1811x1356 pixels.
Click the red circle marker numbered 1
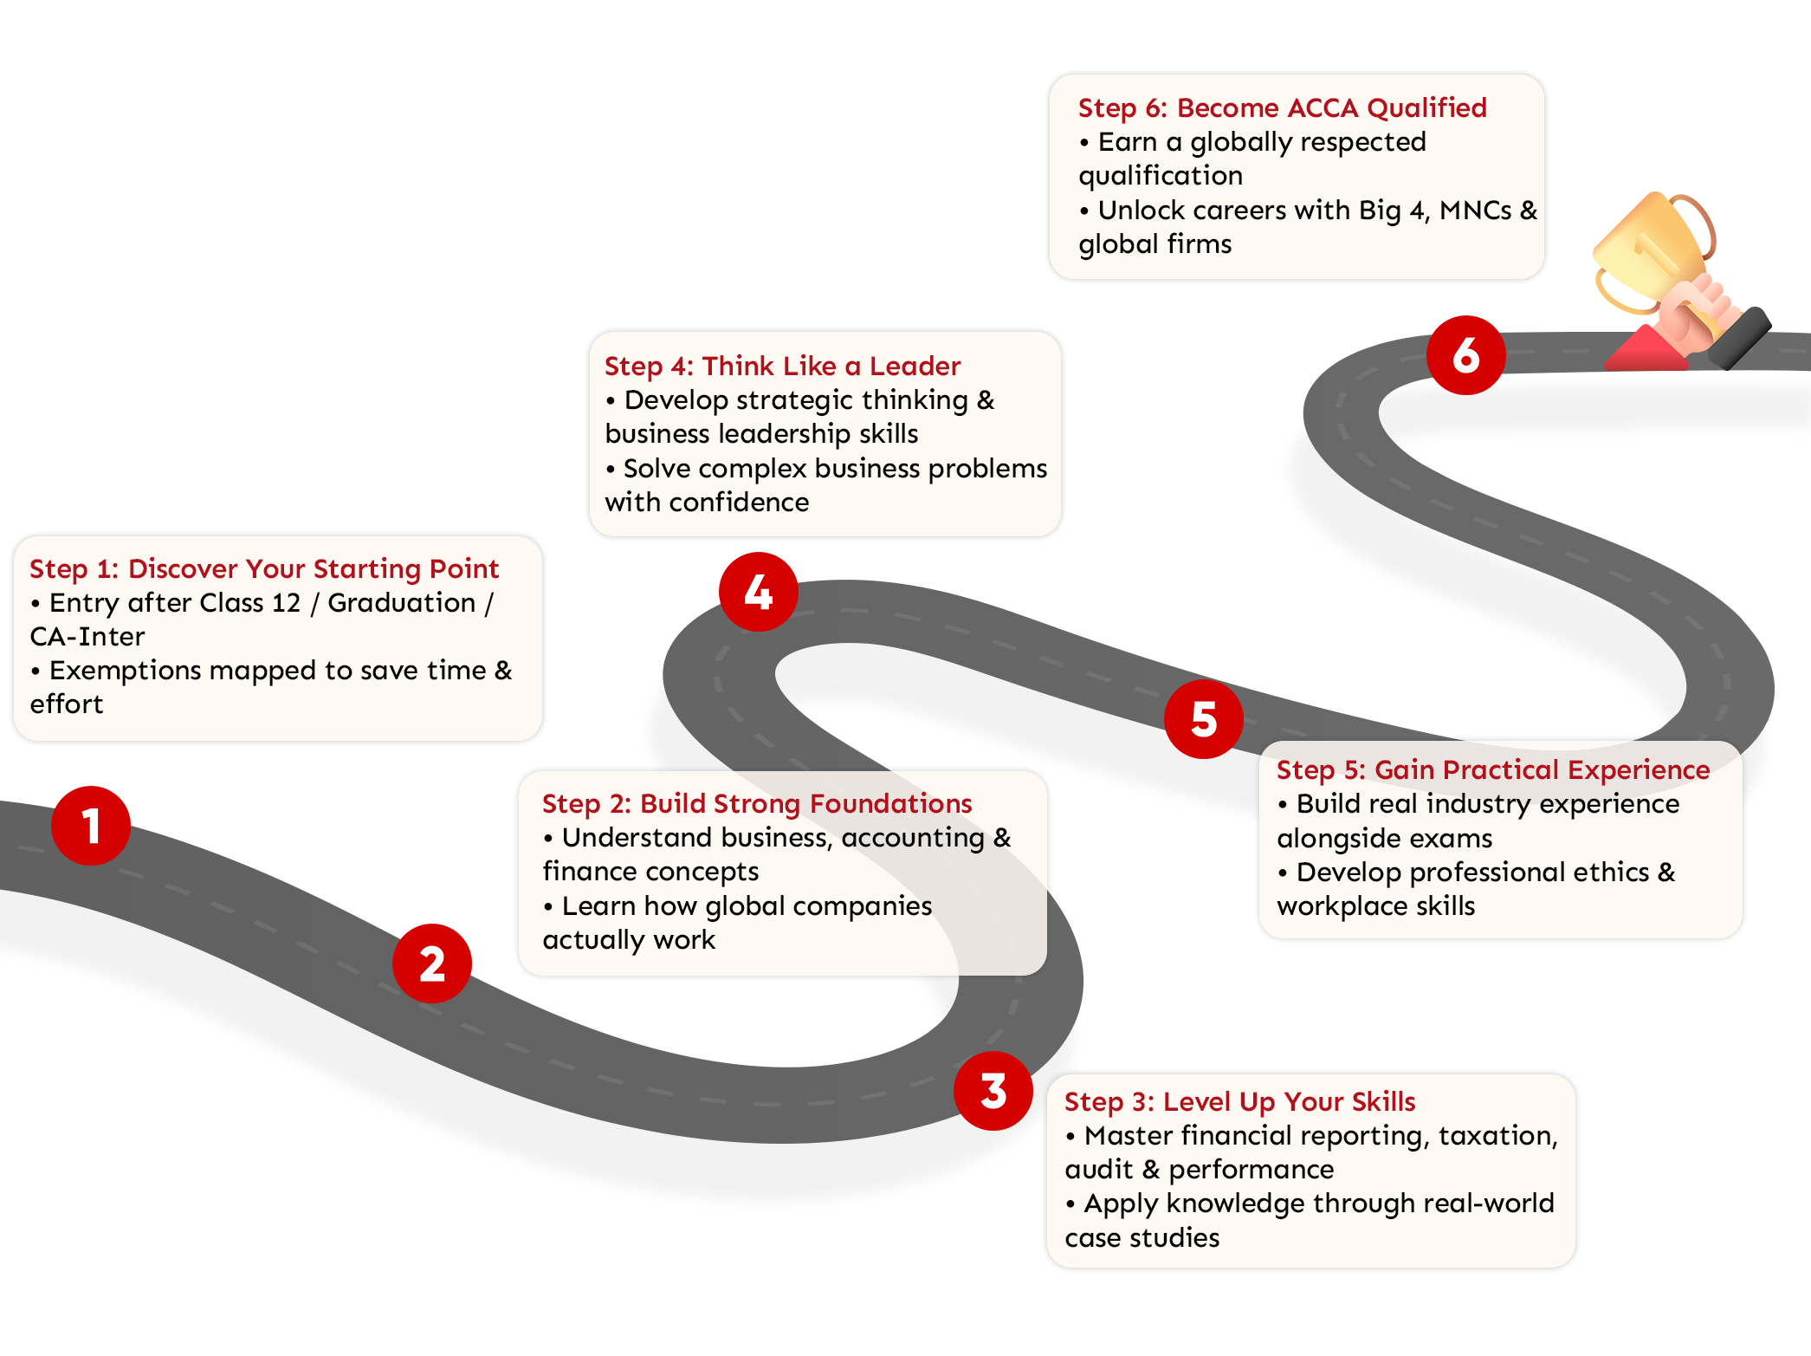(91, 826)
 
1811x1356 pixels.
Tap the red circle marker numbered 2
(432, 963)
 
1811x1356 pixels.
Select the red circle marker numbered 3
(993, 1091)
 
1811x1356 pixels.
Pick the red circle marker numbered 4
(758, 592)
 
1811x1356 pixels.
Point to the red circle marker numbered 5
(1204, 719)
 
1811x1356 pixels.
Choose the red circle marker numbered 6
(1466, 355)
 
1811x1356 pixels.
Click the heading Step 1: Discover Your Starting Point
(264, 568)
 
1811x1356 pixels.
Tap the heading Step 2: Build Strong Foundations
(757, 803)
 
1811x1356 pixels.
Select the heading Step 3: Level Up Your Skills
(1239, 1101)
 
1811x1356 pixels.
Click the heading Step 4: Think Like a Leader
(782, 366)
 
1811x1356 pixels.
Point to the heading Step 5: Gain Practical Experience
(1493, 769)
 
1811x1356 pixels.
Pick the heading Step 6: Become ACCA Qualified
(1282, 107)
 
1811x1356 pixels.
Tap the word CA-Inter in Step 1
(87, 636)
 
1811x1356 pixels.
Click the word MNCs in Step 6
(1475, 210)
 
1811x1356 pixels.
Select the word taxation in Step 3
(1497, 1135)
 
